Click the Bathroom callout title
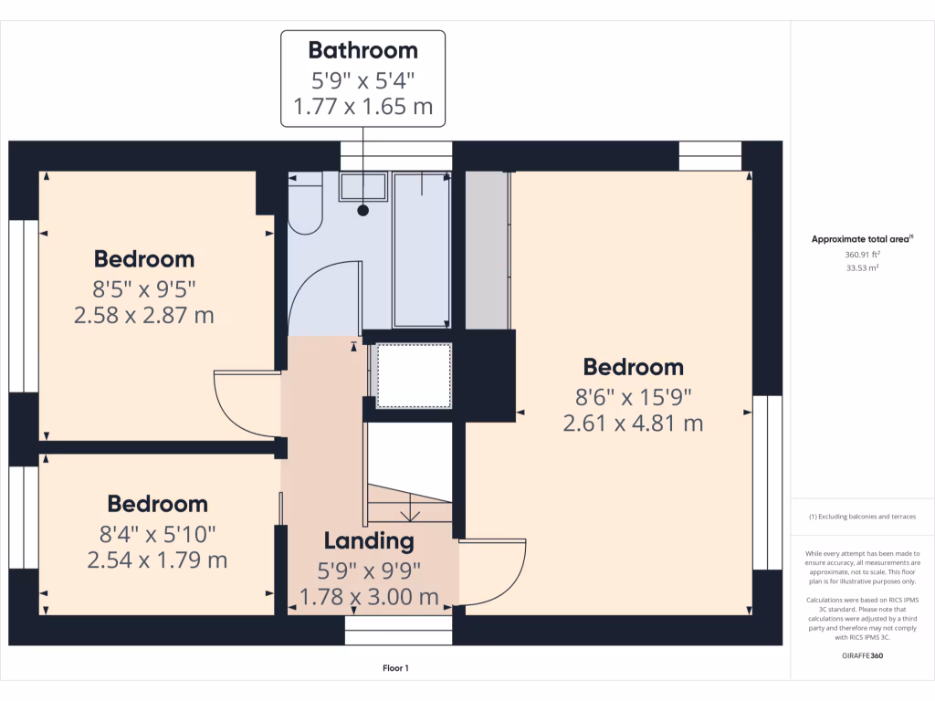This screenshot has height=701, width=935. pyautogui.click(x=362, y=49)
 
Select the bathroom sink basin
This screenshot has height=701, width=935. pyautogui.click(x=363, y=188)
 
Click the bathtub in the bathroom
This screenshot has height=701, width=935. pyautogui.click(x=421, y=250)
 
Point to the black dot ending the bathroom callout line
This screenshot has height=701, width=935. pyautogui.click(x=363, y=210)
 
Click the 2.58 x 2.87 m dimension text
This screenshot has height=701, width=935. pyautogui.click(x=143, y=316)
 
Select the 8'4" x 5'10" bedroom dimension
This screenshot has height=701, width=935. pyautogui.click(x=157, y=532)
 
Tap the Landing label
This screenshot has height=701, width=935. pyautogui.click(x=370, y=540)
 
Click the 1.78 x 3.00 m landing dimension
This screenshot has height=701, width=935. pyautogui.click(x=370, y=598)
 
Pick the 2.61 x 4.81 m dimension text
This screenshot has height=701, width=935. pyautogui.click(x=633, y=424)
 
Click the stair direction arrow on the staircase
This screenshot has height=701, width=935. pyautogui.click(x=412, y=513)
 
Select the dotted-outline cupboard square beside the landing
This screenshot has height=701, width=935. pyautogui.click(x=414, y=375)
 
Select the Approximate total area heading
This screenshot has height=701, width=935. pyautogui.click(x=861, y=239)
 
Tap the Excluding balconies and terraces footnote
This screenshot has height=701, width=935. pyautogui.click(x=861, y=518)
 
